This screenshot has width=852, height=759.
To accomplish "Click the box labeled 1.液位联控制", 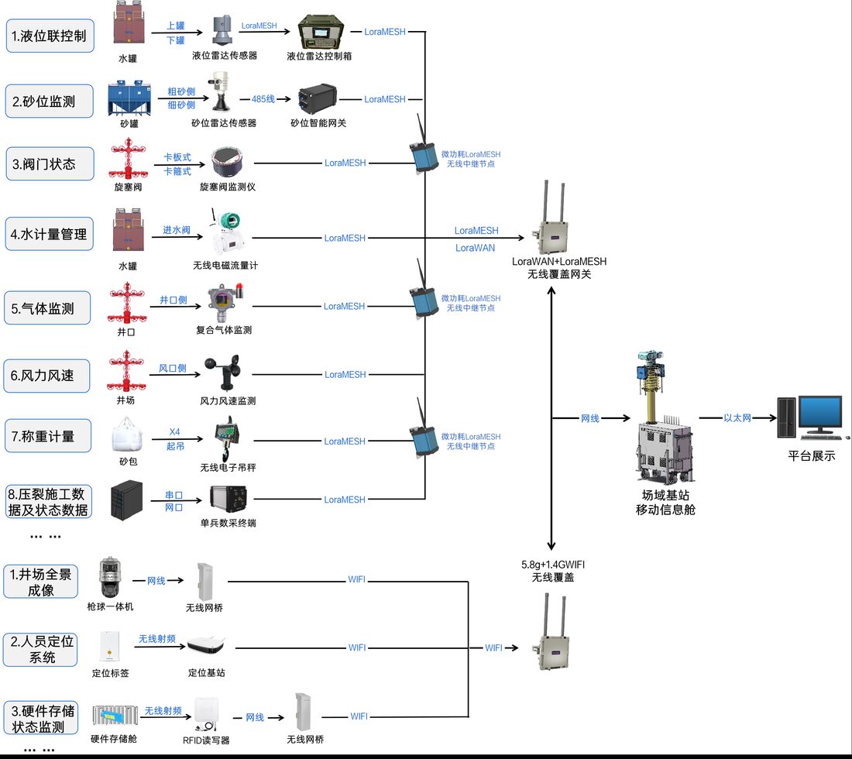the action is [50, 36].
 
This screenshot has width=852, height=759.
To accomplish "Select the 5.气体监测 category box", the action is [47, 308].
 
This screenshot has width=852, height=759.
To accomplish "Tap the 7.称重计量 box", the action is [48, 436].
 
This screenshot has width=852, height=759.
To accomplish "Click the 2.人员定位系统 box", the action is [41, 649].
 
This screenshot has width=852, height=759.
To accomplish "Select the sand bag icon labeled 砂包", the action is [128, 434].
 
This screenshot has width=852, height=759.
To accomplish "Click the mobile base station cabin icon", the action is [665, 417].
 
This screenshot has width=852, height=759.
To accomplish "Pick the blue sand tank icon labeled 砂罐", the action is [129, 98].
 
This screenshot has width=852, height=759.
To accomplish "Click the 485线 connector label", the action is [263, 99].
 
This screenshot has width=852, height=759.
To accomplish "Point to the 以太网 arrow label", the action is [737, 417].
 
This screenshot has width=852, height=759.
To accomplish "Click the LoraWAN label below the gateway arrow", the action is [475, 248].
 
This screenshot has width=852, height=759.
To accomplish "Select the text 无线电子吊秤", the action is [228, 467].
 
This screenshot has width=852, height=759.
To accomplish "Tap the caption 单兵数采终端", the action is [228, 523].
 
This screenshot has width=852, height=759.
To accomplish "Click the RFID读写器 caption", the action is [206, 740].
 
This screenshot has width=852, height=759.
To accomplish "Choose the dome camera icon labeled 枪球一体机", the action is [110, 578].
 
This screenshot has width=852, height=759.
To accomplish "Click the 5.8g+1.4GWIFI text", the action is [552, 565].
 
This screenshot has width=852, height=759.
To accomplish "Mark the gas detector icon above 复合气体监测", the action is [225, 303].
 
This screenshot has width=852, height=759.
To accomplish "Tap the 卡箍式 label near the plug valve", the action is [177, 171].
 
